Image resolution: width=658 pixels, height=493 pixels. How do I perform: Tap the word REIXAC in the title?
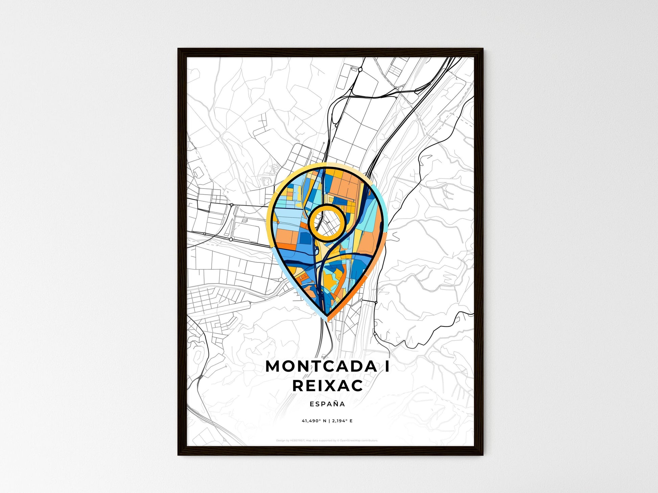click(327, 386)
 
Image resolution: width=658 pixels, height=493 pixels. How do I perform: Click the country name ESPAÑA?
click(327, 404)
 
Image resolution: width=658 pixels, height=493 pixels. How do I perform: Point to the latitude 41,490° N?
click(314, 421)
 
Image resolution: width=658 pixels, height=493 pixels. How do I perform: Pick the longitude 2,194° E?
click(342, 421)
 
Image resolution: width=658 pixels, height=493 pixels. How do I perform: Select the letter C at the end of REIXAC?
click(357, 386)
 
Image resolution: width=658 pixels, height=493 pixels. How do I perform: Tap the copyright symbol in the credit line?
click(338, 441)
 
